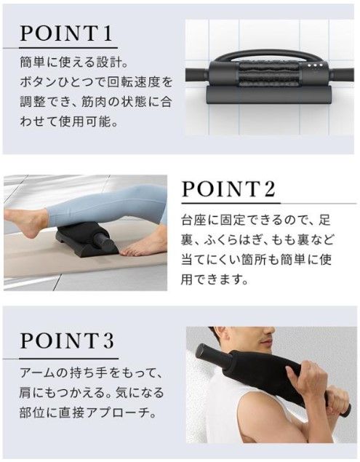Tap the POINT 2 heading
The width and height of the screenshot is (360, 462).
[x=228, y=191]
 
